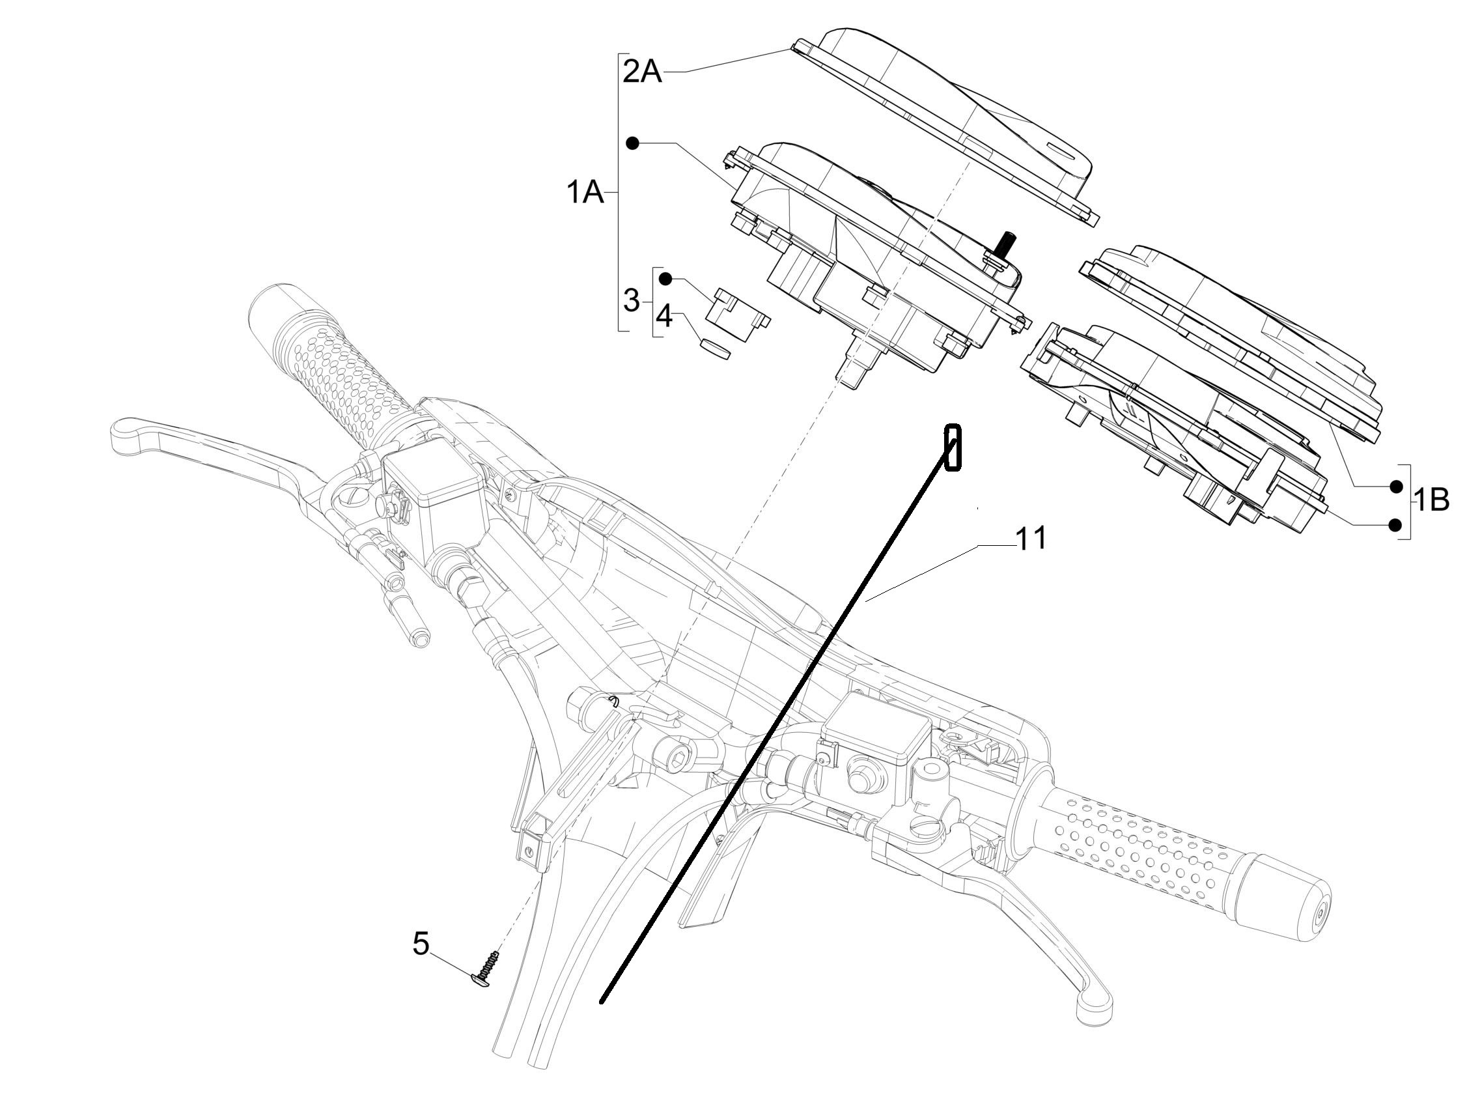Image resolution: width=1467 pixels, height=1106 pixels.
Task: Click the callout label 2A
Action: click(642, 70)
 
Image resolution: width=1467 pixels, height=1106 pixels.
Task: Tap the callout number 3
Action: click(632, 301)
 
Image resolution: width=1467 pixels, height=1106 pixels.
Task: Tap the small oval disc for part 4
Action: click(716, 350)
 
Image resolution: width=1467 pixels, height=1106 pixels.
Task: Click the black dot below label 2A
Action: click(634, 143)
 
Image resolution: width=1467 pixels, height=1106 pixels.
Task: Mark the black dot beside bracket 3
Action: click(666, 279)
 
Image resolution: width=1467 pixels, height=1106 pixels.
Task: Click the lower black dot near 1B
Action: click(1395, 525)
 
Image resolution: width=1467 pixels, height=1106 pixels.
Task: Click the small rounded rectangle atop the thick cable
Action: click(953, 448)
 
